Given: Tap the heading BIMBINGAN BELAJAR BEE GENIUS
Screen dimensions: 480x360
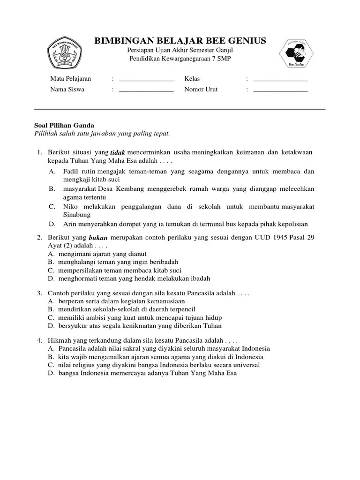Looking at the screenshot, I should tap(180, 41).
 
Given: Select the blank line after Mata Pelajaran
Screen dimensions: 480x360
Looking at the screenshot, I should tap(146, 79).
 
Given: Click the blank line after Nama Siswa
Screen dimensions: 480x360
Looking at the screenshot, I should tap(146, 90).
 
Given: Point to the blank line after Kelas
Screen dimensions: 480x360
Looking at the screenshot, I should tap(280, 79).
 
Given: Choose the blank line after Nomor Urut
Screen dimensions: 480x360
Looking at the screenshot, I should tap(280, 90).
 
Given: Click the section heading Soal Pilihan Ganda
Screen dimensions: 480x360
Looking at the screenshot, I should tap(65, 125).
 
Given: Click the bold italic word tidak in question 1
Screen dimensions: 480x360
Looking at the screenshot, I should tap(118, 153).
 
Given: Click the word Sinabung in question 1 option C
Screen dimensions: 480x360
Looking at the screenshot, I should tap(76, 215).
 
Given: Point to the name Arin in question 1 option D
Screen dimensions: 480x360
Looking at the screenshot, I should tap(70, 224).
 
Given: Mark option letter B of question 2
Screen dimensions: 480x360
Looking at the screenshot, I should tap(50, 262).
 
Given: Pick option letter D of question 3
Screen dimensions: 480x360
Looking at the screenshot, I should tap(50, 326).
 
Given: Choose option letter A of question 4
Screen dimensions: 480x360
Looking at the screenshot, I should tap(50, 349).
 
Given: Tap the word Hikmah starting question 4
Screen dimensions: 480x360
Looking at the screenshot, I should tap(59, 340).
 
